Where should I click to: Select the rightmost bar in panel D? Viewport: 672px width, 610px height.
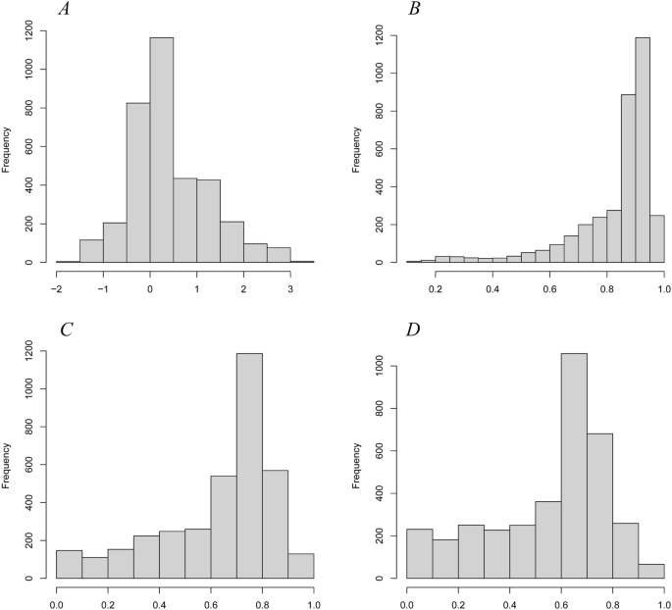point(650,571)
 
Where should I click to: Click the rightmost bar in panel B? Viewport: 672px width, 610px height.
point(657,239)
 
